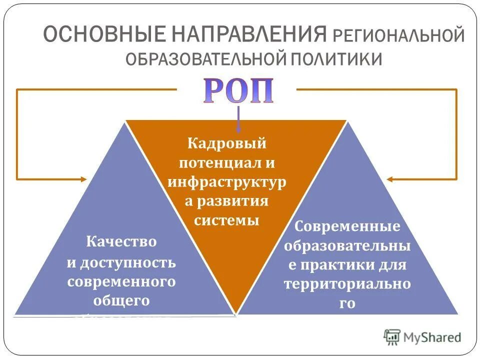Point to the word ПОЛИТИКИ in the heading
[335, 59]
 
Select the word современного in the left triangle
[121, 281]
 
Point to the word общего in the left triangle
[121, 300]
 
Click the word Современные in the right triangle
[347, 226]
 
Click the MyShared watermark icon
[392, 337]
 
